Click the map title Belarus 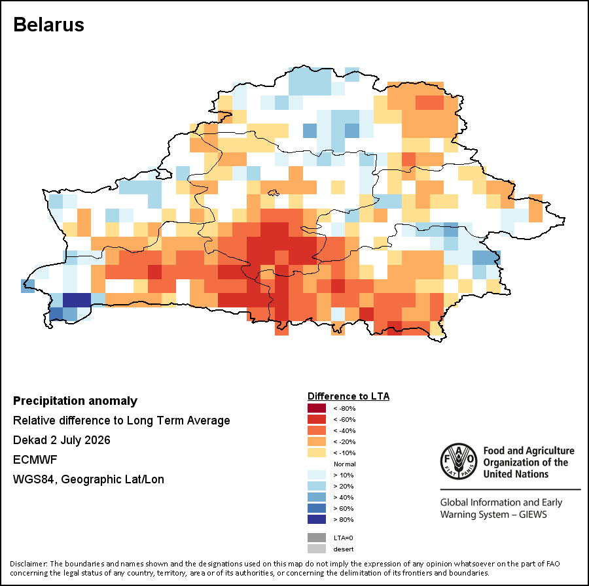pyautogui.click(x=48, y=25)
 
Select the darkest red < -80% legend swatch pyautogui.click(x=317, y=408)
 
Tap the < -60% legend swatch pyautogui.click(x=317, y=419)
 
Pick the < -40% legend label pyautogui.click(x=344, y=430)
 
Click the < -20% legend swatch pyautogui.click(x=317, y=441)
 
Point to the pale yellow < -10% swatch pyautogui.click(x=317, y=453)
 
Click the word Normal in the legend pyautogui.click(x=344, y=464)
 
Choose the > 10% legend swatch pyautogui.click(x=317, y=475)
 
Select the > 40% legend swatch pyautogui.click(x=317, y=497)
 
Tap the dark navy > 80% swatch pyautogui.click(x=317, y=519)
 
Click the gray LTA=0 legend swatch pyautogui.click(x=317, y=538)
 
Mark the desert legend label pyautogui.click(x=344, y=549)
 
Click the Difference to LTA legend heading pyautogui.click(x=348, y=396)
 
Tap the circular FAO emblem pyautogui.click(x=459, y=461)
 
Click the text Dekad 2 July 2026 pyautogui.click(x=62, y=440)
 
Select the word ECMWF pyautogui.click(x=35, y=460)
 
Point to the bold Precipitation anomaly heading pyautogui.click(x=75, y=401)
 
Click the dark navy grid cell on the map pyautogui.click(x=77, y=300)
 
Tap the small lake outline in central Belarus pyautogui.click(x=274, y=193)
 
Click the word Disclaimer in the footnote pyautogui.click(x=29, y=564)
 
